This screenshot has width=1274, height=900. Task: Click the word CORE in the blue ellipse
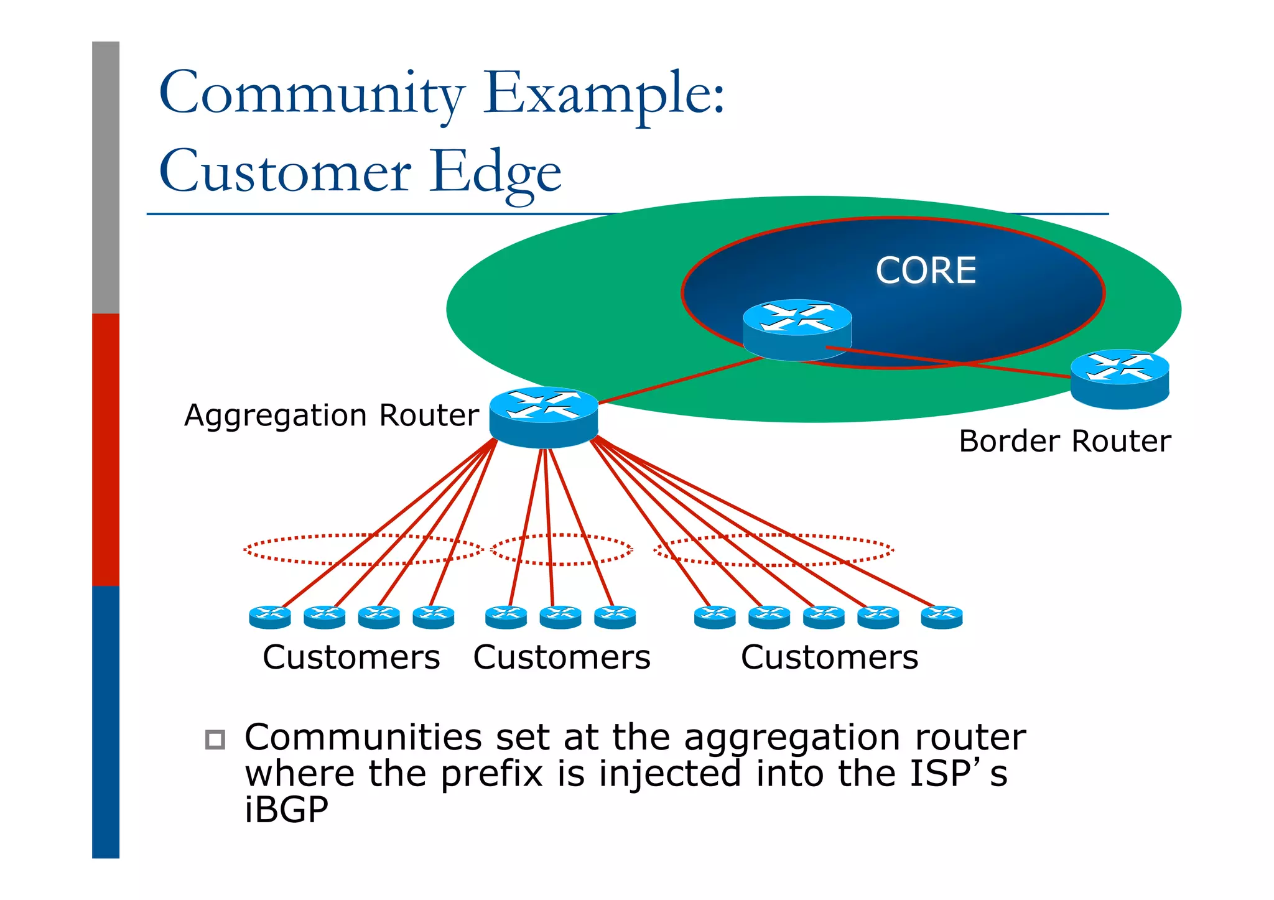point(926,271)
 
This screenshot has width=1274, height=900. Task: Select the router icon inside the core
point(797,330)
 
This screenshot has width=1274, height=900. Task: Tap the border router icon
point(1119,379)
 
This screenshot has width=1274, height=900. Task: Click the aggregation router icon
point(544,417)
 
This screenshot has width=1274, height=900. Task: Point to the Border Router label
point(1064,441)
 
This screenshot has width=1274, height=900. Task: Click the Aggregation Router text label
point(332,415)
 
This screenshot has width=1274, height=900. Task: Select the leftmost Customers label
point(351,657)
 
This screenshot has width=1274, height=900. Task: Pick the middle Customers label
point(562,657)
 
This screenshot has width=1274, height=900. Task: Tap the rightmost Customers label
point(829,657)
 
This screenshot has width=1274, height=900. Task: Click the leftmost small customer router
point(270,617)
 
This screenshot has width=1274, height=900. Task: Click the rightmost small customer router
point(941,617)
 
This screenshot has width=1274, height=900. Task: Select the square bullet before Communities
point(215,739)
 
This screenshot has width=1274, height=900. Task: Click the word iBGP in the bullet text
point(286,810)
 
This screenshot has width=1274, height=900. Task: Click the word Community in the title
point(312,93)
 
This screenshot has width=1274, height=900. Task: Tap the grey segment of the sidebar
point(106,177)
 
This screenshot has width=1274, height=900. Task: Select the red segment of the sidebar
point(106,449)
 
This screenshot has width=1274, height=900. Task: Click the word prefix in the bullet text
point(491,774)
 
